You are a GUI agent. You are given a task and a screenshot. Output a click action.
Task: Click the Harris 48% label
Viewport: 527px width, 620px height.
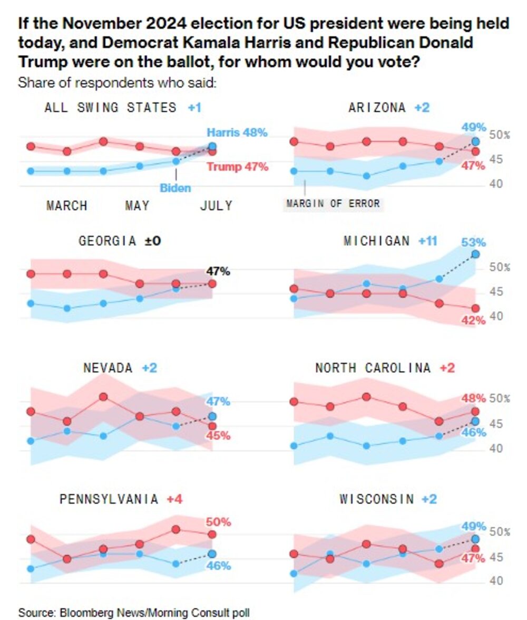tap(237, 133)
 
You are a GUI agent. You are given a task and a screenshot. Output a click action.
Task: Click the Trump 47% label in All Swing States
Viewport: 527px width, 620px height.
tap(237, 167)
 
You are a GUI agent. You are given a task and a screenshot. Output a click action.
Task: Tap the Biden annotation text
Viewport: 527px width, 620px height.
tap(175, 188)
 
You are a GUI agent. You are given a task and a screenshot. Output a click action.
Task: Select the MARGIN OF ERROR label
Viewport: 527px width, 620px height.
tap(333, 203)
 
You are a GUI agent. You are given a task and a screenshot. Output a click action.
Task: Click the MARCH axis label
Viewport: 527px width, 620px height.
tap(66, 206)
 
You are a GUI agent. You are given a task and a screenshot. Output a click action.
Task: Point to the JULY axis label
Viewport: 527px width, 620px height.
tap(216, 206)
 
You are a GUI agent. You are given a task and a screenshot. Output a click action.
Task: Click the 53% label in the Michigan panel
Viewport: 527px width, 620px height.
tap(473, 243)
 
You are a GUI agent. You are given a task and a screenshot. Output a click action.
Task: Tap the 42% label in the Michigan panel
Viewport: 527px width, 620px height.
tap(473, 320)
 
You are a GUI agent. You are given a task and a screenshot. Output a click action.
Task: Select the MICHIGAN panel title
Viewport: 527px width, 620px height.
tap(376, 241)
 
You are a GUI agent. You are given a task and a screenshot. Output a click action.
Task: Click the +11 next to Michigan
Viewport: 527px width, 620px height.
tap(427, 241)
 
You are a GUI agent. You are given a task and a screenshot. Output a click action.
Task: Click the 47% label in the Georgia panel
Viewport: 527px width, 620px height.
tap(218, 271)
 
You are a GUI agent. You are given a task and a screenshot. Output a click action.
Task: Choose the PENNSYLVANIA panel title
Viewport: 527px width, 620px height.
tap(109, 499)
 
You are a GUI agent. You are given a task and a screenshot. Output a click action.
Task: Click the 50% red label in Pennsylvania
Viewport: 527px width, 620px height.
tap(218, 522)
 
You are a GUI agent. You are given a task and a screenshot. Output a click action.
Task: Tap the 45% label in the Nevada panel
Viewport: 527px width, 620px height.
tap(218, 436)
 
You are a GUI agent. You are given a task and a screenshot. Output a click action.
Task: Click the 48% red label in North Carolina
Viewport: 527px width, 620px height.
tap(473, 398)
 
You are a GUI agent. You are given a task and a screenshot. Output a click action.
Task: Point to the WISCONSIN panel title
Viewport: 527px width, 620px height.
tap(376, 499)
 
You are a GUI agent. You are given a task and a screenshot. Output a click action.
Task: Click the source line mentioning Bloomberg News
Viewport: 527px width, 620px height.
tap(134, 613)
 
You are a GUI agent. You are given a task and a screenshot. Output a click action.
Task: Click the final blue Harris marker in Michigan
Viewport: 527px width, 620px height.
tap(475, 254)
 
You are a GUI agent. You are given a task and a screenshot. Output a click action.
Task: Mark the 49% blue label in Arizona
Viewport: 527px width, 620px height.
tap(473, 127)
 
